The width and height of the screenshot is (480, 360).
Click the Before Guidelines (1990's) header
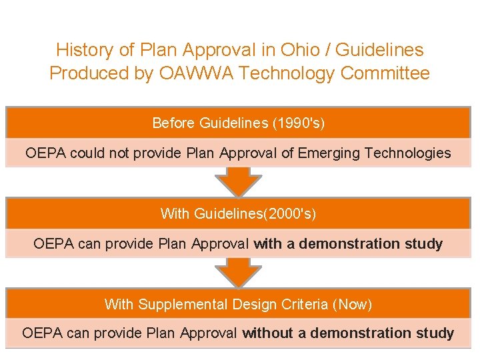click(x=238, y=123)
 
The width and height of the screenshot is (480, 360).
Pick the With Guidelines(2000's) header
click(x=238, y=214)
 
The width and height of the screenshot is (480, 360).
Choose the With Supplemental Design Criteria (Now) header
click(x=238, y=305)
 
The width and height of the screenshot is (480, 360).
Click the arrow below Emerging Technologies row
click(x=238, y=181)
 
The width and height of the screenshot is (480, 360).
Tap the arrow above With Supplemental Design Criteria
click(x=238, y=272)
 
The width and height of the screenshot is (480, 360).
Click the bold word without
click(x=274, y=333)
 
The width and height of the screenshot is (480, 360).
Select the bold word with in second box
click(x=268, y=243)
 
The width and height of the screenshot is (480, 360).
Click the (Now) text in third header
click(x=353, y=305)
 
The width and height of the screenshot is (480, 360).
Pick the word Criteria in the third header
click(x=306, y=305)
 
